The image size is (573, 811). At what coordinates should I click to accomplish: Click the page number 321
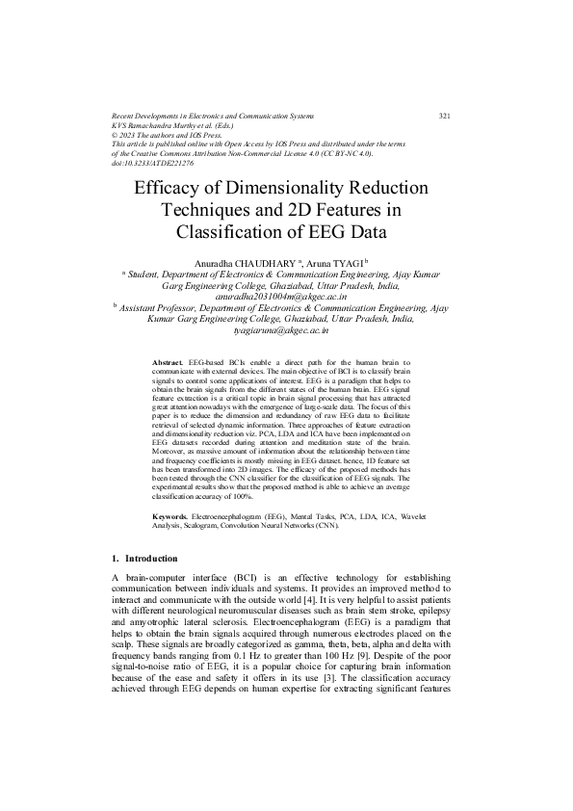tap(444, 116)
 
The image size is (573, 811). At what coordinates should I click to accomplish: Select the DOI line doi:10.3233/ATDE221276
tap(153, 164)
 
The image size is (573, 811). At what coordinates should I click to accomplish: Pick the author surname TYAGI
tap(343, 262)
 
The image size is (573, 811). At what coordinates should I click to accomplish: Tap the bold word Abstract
tap(169, 360)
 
